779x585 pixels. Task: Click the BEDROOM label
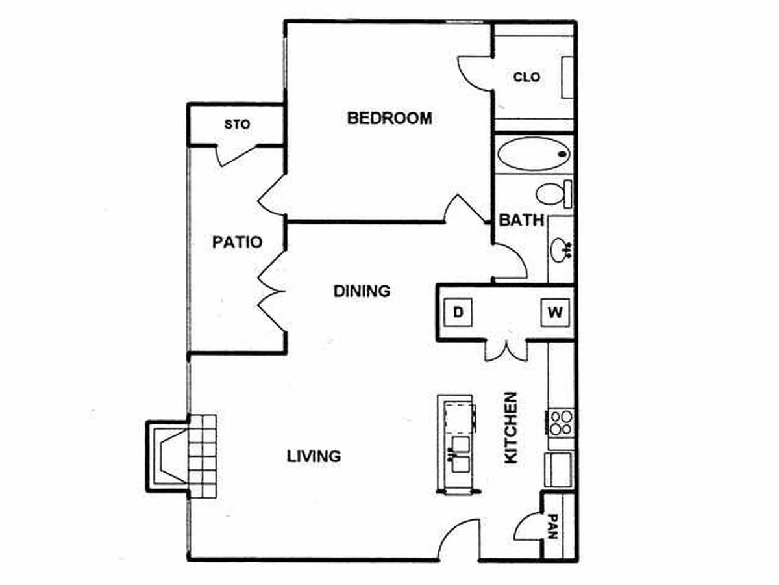coord(389,118)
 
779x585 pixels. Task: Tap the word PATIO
coord(237,242)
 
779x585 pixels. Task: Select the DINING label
coord(362,291)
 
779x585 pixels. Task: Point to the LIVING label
coord(314,456)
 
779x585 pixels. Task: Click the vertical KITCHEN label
coord(511,428)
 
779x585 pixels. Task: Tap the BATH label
coord(521,220)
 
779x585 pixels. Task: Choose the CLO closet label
coord(526,77)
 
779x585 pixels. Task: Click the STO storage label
coord(237,124)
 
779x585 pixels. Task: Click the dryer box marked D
coord(458,312)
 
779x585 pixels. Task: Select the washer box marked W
coord(555,312)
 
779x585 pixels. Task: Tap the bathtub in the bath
coord(534,154)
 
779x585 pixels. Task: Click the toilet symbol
coord(554,194)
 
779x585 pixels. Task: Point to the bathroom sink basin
coord(561,250)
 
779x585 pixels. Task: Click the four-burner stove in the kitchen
coord(561,423)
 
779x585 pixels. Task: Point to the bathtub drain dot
coord(563,154)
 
